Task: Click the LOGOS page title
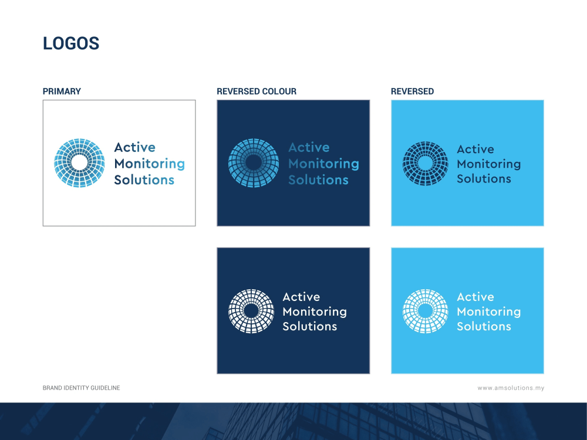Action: coord(71,43)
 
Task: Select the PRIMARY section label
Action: coord(62,92)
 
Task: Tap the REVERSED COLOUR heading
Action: coord(257,92)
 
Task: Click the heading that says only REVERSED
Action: coord(412,92)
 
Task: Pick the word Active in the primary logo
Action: coord(135,147)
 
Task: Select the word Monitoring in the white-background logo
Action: coord(149,164)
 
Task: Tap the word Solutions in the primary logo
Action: coord(144,180)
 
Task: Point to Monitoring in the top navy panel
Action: coord(324,164)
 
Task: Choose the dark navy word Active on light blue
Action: coord(475,149)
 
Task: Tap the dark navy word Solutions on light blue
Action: coord(484,179)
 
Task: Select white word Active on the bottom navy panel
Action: coord(301,297)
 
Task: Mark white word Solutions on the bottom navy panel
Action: coord(310,326)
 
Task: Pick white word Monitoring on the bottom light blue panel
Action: coord(489,312)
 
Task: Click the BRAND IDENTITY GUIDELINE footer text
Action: coord(81,388)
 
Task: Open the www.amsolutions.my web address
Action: coord(511,388)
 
